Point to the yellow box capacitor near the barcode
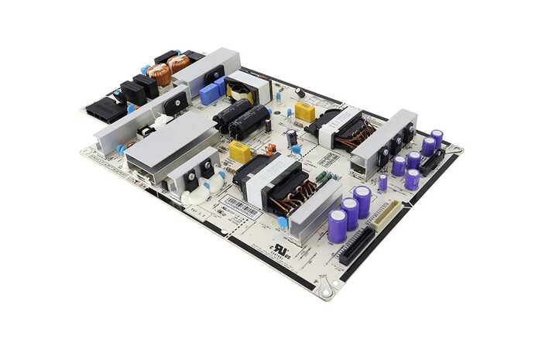(240, 152)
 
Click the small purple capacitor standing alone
(382, 183)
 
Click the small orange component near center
(270, 149)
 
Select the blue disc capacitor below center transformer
(283, 222)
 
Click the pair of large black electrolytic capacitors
(242, 120)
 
